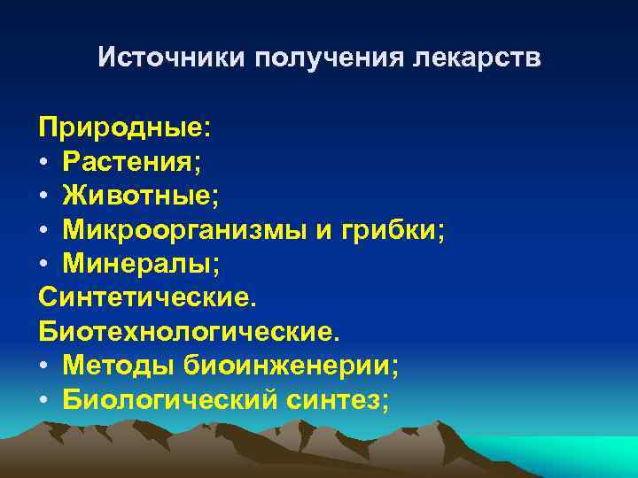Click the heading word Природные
[123, 126]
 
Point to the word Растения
[130, 161]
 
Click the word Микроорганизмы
[183, 232]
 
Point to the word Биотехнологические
[187, 332]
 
